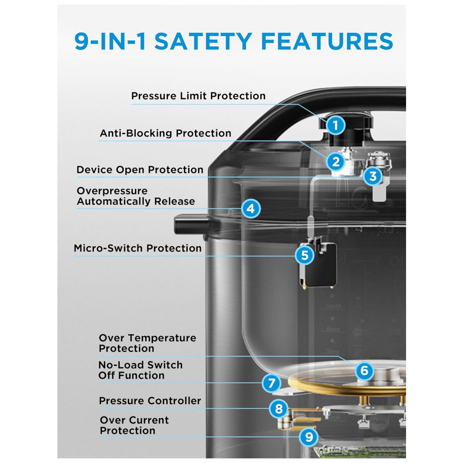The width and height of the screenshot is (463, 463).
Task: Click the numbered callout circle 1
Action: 336,125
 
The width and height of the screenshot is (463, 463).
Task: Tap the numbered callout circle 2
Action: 336,162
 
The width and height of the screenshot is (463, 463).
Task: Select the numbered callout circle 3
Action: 373,176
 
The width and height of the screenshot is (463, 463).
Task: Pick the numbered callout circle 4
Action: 250,209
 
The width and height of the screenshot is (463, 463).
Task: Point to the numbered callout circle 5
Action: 305,256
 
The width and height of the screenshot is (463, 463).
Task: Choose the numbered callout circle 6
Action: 364,370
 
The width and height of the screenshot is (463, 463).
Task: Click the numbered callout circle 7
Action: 271,383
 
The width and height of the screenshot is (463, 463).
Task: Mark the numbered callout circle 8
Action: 279,409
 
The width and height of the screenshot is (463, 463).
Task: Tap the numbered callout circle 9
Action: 309,437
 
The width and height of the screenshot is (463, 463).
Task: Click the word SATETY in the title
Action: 203,41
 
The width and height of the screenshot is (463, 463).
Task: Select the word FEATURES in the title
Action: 327,41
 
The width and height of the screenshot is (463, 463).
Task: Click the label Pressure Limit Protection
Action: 199,96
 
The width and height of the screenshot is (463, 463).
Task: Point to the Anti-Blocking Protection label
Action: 165,133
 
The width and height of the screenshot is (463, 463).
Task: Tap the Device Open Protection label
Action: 140,170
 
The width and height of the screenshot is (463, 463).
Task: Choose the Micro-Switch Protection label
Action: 138,248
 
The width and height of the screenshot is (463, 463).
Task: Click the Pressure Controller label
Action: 150,400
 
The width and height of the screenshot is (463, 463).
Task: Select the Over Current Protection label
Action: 134,425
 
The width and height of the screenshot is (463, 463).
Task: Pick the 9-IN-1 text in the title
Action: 110,41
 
